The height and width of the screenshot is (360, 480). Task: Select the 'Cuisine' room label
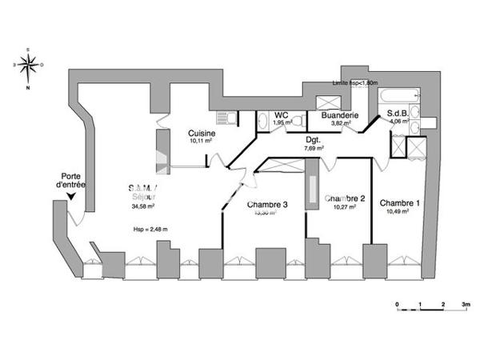201,133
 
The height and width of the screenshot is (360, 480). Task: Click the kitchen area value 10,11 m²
201,141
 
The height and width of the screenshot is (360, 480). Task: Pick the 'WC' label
281,115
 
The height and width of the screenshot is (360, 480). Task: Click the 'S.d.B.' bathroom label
398,114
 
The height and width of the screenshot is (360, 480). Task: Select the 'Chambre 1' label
399,203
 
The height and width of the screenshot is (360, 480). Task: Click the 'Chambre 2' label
346,199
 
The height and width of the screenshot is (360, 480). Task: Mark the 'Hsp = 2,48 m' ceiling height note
151,230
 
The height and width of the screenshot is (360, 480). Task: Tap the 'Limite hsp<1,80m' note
355,83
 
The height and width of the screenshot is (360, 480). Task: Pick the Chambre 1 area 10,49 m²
399,212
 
